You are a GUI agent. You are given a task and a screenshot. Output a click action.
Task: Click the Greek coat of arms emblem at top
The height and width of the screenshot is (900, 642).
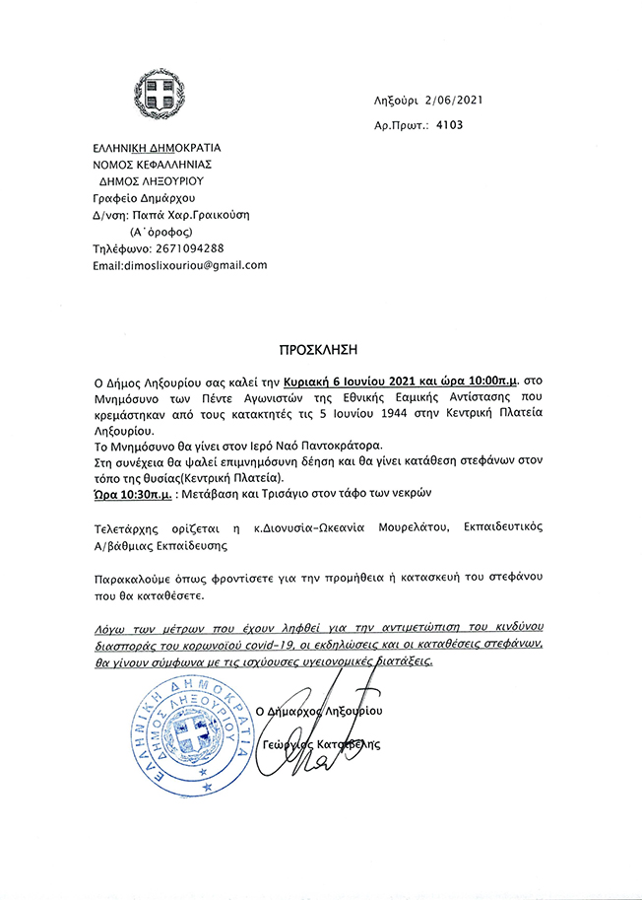[x=160, y=95]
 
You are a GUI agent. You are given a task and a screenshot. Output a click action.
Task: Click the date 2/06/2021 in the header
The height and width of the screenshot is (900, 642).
[x=454, y=101]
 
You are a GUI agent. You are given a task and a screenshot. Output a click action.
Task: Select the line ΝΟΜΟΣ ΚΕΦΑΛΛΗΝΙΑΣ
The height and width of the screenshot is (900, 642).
[x=153, y=165]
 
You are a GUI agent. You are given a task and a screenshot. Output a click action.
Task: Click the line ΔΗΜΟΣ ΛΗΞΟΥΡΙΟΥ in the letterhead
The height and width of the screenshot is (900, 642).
[x=150, y=181]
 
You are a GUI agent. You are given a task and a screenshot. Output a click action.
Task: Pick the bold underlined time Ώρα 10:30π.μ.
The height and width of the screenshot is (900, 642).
[x=133, y=490]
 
